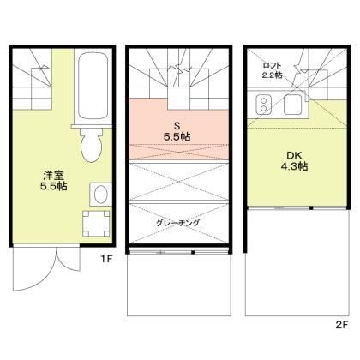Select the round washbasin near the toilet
pyautogui.click(x=99, y=192)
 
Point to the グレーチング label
pyautogui.click(x=178, y=223)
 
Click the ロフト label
pyautogui.click(x=271, y=63)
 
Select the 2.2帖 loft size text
pyautogui.click(x=271, y=75)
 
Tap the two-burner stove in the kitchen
pyautogui.click(x=263, y=106)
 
